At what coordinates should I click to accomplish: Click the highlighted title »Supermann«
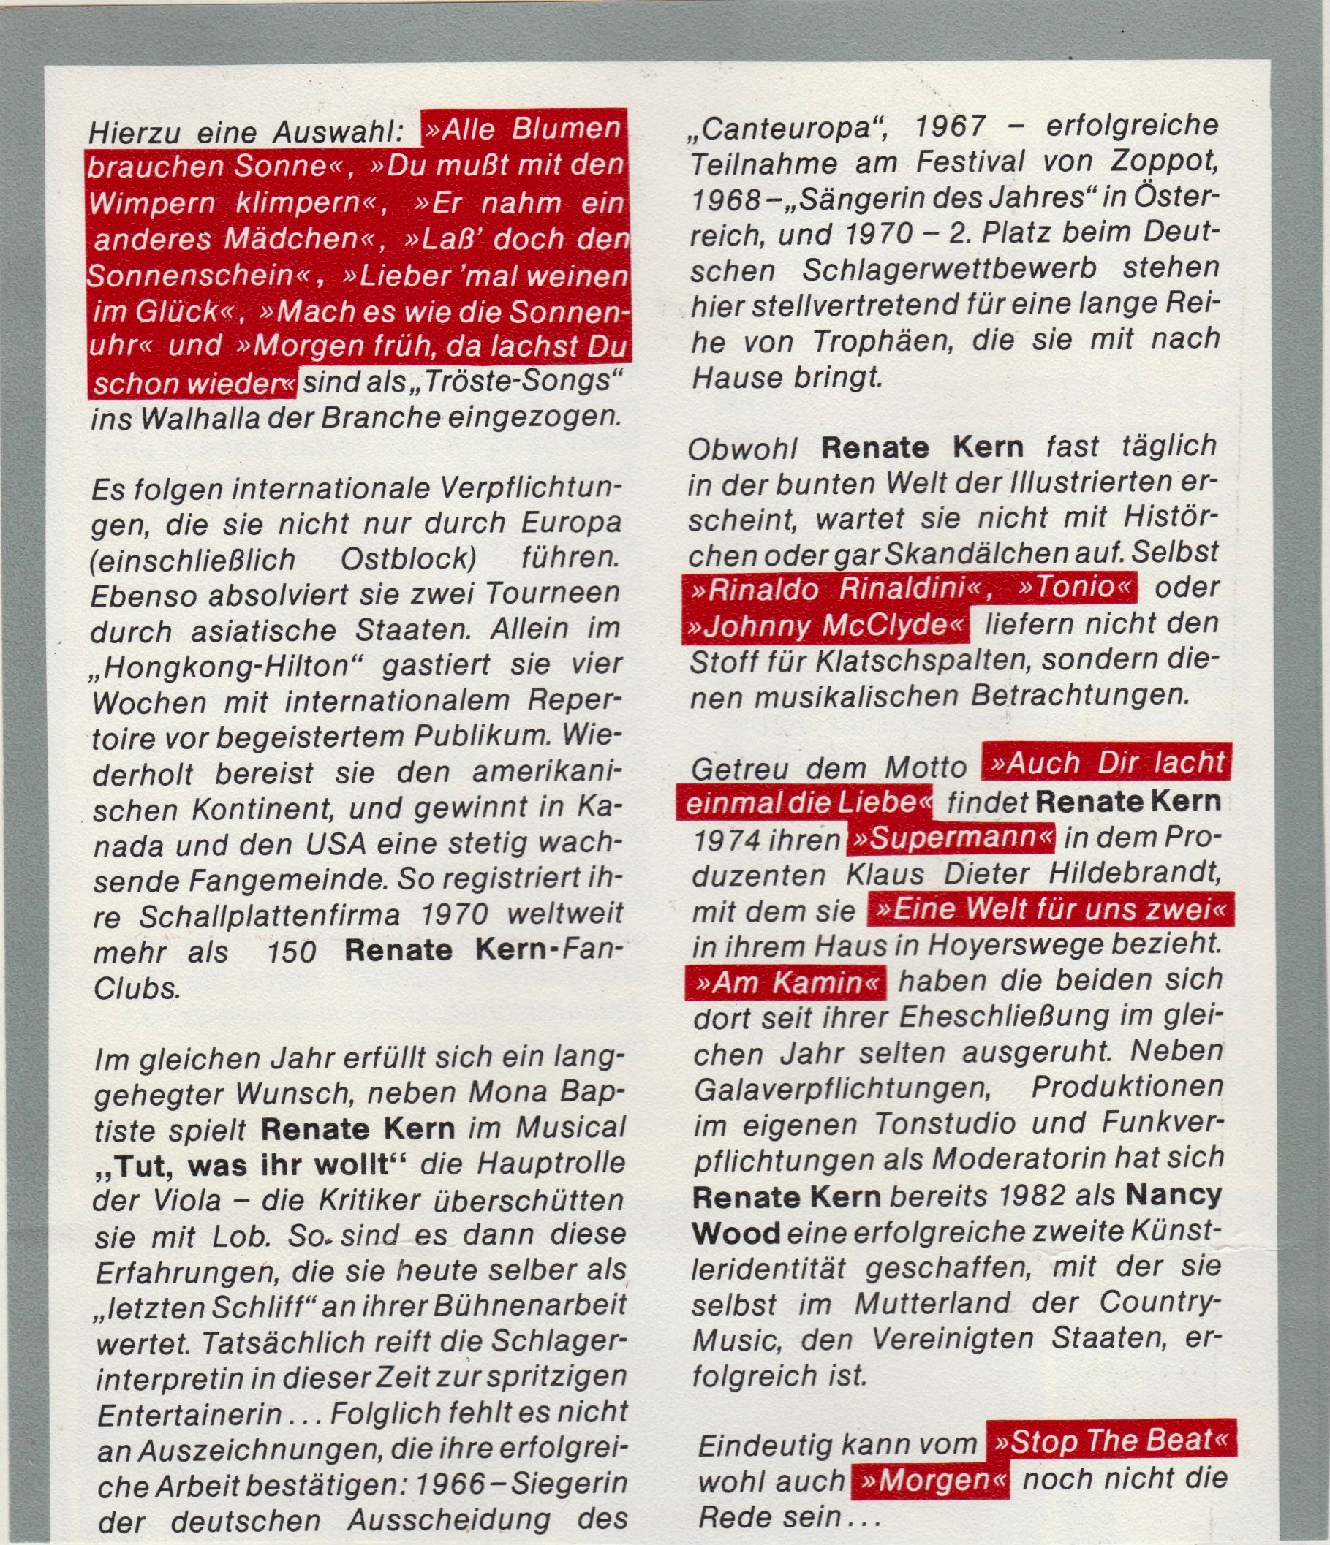[x=951, y=839]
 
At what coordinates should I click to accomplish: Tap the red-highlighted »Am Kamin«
[x=786, y=984]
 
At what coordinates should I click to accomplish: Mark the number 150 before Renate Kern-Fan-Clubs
[x=292, y=952]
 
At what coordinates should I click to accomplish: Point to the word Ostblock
[x=408, y=559]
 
